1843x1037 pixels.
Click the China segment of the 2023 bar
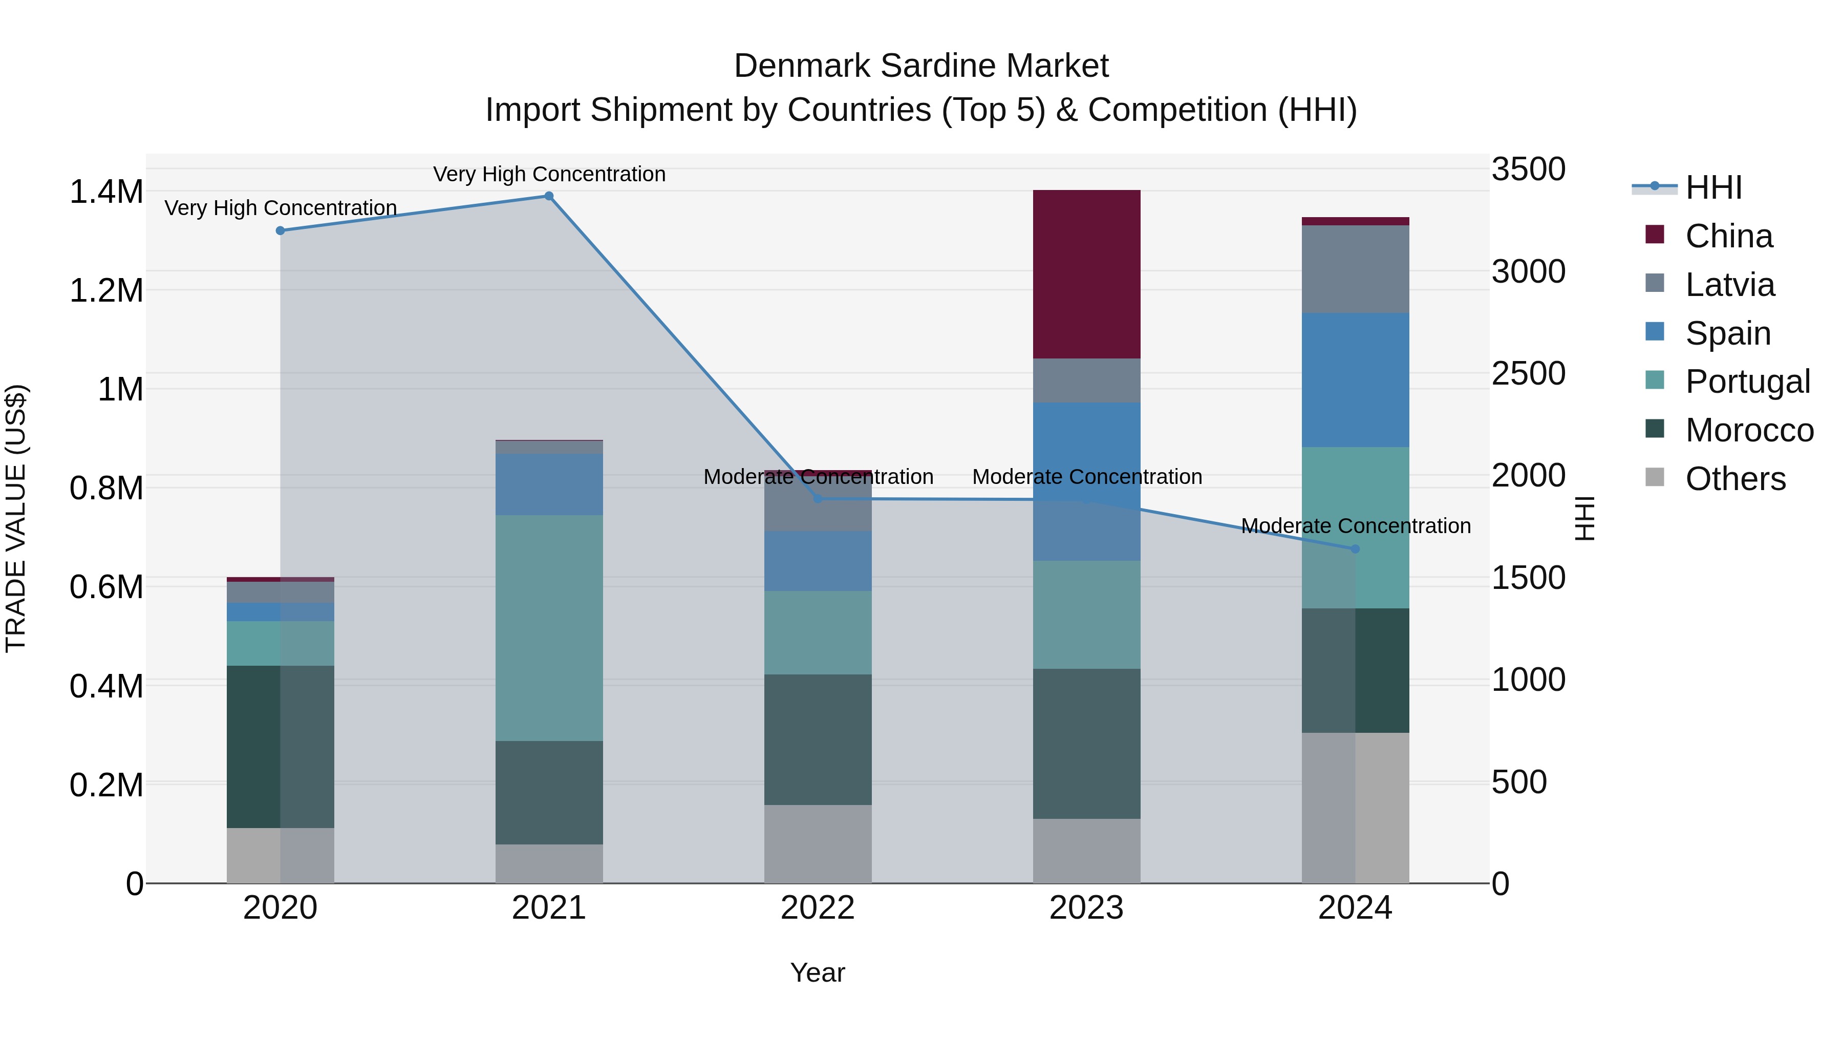coord(1086,274)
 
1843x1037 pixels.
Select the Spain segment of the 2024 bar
coord(1355,379)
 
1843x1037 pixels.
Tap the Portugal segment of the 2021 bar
coord(549,628)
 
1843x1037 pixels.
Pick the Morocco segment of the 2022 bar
coord(818,739)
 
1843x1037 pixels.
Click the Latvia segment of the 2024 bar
coord(1355,269)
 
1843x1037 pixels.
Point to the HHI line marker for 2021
coord(549,196)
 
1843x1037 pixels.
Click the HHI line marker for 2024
coord(1355,549)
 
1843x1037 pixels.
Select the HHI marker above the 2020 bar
coord(281,230)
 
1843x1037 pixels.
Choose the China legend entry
coord(1728,236)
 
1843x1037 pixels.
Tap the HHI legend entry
coord(1713,187)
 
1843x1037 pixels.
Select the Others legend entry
coord(1734,479)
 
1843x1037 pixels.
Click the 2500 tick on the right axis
coord(1528,374)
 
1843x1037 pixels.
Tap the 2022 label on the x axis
coord(818,908)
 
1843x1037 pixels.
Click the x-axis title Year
coord(818,972)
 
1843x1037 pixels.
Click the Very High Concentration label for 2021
coord(549,174)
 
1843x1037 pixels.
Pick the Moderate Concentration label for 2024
coord(1355,526)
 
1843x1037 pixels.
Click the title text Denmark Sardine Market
coord(921,66)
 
